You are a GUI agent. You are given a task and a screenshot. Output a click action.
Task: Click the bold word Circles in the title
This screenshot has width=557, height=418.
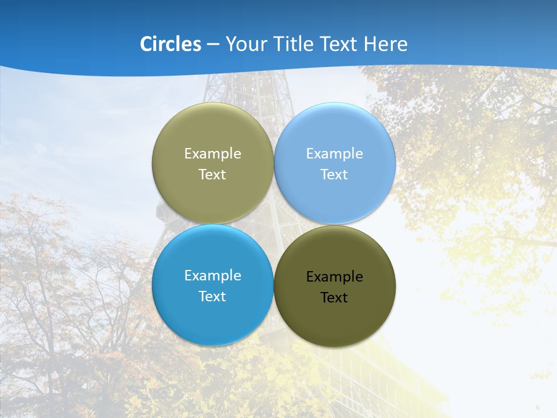[x=171, y=44]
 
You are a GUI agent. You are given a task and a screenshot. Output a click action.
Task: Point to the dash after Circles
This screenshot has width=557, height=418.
[x=213, y=45]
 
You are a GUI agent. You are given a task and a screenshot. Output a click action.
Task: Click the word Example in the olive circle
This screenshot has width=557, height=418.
[x=212, y=154]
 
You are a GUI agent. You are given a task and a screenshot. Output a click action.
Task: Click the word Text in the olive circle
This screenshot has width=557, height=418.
[x=212, y=175]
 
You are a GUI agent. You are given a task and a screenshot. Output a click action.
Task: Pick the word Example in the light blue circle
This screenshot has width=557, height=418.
[x=334, y=154]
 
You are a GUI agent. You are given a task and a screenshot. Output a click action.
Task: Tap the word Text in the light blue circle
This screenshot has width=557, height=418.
[x=334, y=175]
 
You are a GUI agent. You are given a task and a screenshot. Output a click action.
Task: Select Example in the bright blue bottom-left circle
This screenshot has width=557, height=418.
[x=212, y=276]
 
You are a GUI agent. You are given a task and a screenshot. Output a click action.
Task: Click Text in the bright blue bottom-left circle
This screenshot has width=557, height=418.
[x=212, y=297]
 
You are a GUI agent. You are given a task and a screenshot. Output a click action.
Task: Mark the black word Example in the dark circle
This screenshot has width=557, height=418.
[x=334, y=277]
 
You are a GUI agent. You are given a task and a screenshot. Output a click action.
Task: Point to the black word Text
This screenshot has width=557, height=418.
[x=334, y=298]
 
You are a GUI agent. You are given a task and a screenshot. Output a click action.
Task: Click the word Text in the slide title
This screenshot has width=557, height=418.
[x=339, y=44]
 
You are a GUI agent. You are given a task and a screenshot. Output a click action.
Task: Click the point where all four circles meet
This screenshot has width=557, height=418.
[x=274, y=225]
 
